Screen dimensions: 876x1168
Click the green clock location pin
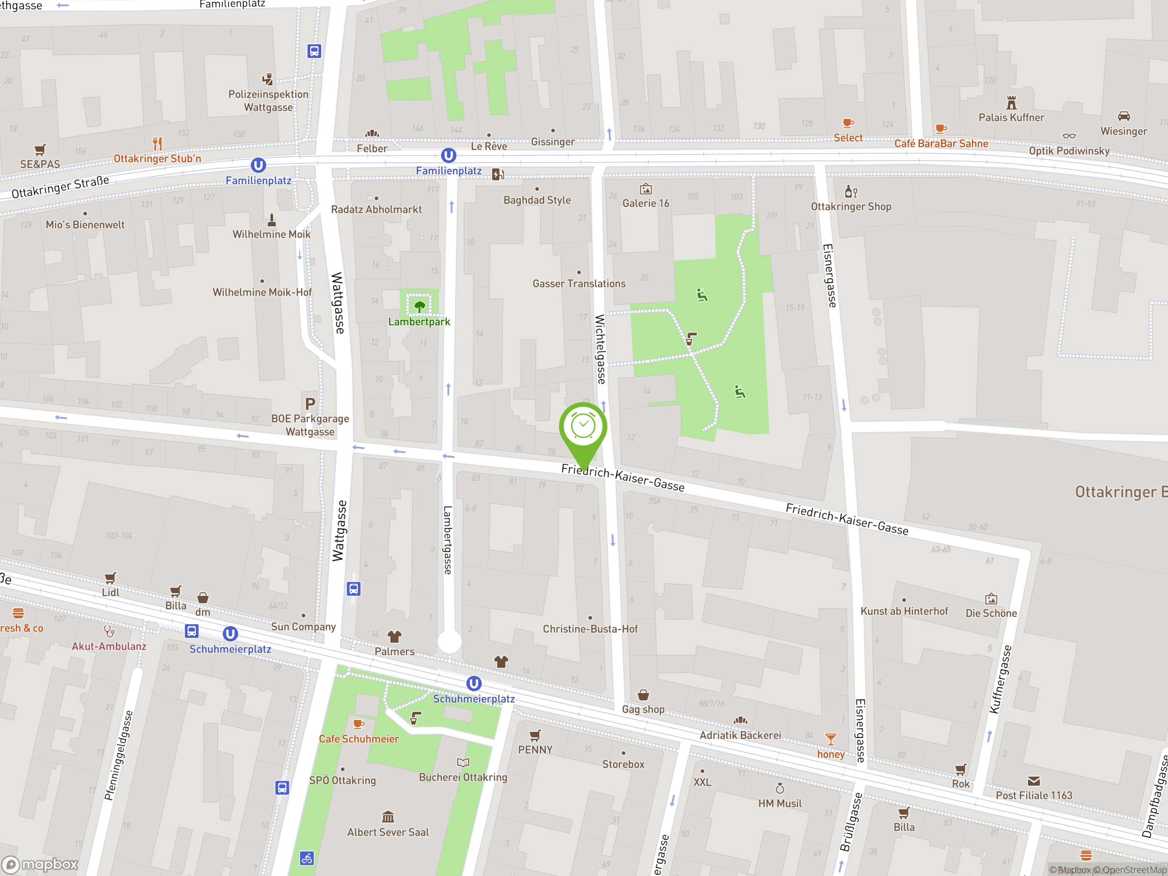pos(583,427)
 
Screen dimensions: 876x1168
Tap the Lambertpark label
pos(419,322)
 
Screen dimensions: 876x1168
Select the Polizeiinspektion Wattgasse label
pos(268,101)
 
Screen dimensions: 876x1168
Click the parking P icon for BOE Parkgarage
pos(310,404)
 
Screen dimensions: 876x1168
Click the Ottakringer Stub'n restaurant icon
pos(157,143)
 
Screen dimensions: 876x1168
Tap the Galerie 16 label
pos(645,204)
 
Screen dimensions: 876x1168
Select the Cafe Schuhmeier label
pos(359,739)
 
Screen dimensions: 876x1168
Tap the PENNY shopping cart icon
pos(535,735)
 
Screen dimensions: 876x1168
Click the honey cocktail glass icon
pos(830,739)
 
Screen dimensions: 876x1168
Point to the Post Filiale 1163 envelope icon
pos(1033,781)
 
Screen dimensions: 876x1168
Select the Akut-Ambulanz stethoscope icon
pos(109,631)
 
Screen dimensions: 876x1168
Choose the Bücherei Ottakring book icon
pos(463,762)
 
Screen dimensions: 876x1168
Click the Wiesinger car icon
pos(1124,116)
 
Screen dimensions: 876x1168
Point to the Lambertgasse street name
pos(448,540)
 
